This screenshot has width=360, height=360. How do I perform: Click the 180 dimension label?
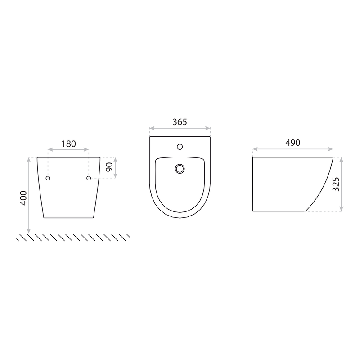click(69, 144)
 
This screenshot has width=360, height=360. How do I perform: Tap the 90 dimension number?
click(109, 167)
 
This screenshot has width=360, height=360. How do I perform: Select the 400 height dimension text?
click(23, 198)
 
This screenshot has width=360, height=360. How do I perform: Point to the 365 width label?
click(180, 122)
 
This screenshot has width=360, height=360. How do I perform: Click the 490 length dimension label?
click(293, 143)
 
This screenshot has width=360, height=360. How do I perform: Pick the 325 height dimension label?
click(336, 184)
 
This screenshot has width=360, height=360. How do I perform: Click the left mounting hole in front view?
click(48, 178)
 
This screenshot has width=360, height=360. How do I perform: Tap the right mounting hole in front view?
click(89, 178)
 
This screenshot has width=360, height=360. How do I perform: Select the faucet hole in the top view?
click(180, 147)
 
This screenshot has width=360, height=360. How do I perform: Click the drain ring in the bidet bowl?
click(180, 169)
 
